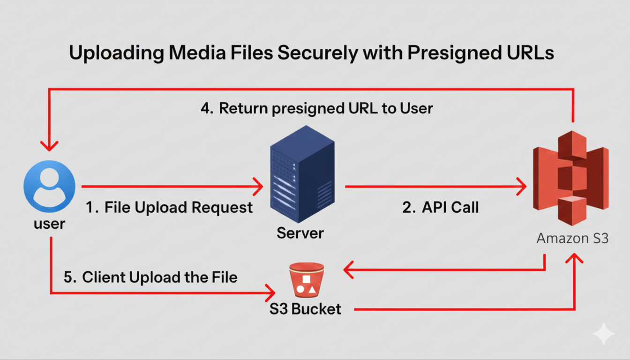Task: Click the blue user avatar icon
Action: (x=49, y=186)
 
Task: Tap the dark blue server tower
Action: (x=302, y=174)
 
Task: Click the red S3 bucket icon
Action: (x=306, y=280)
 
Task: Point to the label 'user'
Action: (x=49, y=224)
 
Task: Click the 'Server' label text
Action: (x=300, y=233)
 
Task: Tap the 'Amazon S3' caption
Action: (x=572, y=238)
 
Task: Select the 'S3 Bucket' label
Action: (x=305, y=309)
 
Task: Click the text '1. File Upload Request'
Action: (x=169, y=207)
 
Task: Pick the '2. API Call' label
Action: (x=441, y=207)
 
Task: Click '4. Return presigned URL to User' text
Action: (x=317, y=108)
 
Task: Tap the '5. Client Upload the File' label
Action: (x=150, y=277)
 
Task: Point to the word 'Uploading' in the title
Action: (x=116, y=53)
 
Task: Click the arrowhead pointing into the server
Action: (x=258, y=187)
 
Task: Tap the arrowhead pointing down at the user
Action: (x=49, y=145)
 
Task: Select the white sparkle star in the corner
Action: (x=603, y=334)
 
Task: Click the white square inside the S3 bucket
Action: (x=306, y=280)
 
